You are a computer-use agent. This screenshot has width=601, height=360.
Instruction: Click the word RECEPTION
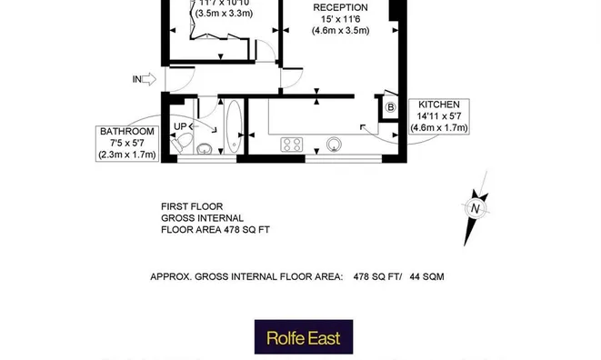(340, 7)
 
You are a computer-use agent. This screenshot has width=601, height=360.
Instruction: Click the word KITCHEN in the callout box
(439, 105)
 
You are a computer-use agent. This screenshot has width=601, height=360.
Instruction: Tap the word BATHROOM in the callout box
(127, 132)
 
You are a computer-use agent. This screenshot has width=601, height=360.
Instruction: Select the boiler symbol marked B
(391, 107)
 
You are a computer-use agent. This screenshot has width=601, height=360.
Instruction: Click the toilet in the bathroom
(182, 143)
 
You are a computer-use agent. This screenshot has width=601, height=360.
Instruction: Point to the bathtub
(234, 127)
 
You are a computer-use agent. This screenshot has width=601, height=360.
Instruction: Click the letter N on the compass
(475, 208)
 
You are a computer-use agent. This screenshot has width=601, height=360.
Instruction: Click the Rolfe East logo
(303, 337)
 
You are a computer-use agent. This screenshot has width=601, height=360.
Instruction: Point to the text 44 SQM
(426, 275)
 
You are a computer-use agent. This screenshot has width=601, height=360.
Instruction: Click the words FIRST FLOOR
(192, 206)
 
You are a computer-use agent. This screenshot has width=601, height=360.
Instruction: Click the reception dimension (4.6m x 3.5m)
(340, 30)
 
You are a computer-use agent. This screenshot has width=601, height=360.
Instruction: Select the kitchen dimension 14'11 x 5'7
(439, 116)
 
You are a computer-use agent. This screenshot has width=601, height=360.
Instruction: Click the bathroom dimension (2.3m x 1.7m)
(127, 155)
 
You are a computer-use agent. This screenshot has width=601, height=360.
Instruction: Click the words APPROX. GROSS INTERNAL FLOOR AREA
(245, 275)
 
